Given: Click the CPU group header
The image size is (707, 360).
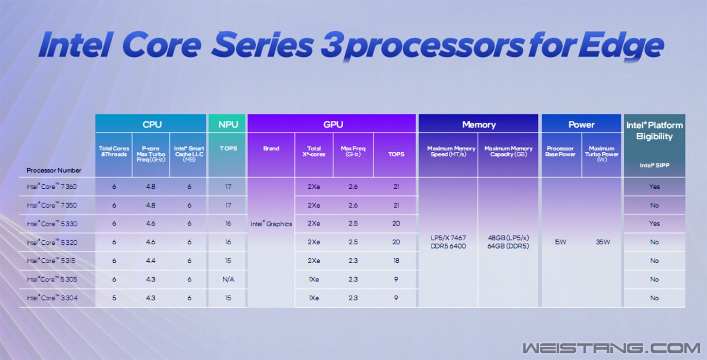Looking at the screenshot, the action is coord(152,124).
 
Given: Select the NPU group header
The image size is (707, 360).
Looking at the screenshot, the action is coord(228,124).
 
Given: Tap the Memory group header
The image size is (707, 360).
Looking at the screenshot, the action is coord(479,124).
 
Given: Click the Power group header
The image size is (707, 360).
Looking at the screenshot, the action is coord(581,124).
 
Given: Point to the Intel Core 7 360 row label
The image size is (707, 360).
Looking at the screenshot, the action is coord(51,187).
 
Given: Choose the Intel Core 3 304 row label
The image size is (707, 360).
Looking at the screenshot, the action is coord(52,298).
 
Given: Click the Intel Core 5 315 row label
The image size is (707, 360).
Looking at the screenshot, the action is coord(51,261).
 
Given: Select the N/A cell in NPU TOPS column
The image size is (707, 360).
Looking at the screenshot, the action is coord(228,279).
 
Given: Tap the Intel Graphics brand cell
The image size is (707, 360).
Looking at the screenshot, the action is coord(271,224).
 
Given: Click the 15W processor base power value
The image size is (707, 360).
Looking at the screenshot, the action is coord(560,242).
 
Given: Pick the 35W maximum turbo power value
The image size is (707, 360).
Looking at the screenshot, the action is coord(603,242).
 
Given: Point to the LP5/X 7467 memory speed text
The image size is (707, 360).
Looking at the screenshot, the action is coord(448,238).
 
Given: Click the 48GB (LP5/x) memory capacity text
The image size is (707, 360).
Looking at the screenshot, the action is coord(508,238).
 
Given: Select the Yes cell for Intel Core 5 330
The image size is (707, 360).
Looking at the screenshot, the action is coord(655,223).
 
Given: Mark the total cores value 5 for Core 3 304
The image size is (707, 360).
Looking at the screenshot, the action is coord(114,298).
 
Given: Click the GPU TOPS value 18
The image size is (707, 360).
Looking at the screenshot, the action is coord(396,261).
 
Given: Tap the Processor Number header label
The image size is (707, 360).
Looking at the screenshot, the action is coord(54,170).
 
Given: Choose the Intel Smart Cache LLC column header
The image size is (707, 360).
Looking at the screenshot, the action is coord(189,154).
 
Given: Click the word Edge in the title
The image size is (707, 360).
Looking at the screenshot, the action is coord(621,46).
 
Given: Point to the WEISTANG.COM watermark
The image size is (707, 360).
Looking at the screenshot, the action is coord(611,348).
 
